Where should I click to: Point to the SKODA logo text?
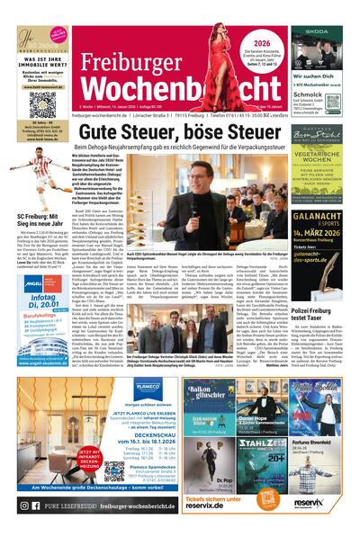(316, 31)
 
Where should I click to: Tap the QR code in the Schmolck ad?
(332, 102)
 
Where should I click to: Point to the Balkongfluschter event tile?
(209, 399)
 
